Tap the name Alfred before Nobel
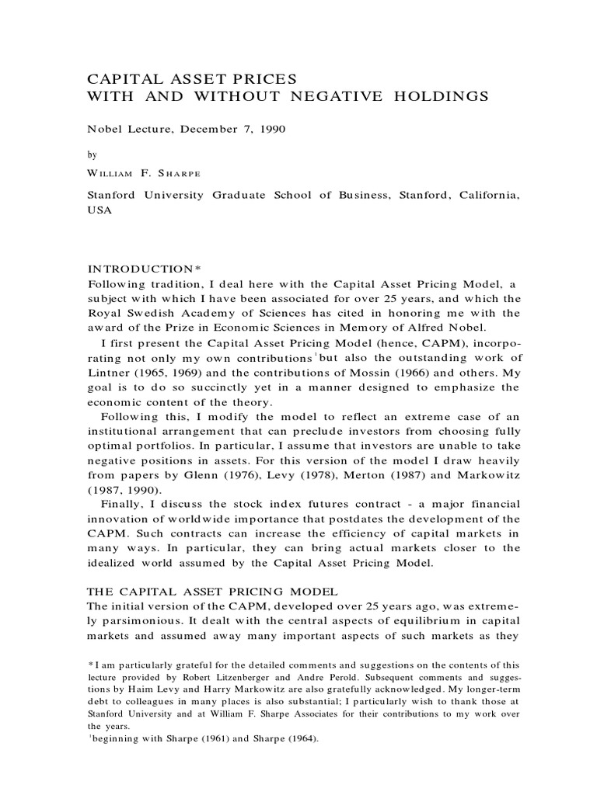tap(416, 328)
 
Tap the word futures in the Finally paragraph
tap(309, 505)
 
